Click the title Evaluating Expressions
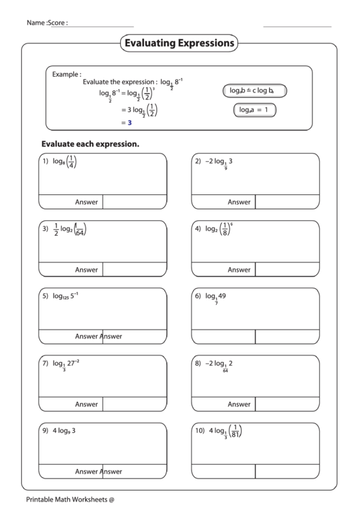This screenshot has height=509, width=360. point(179,43)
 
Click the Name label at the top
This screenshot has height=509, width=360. point(36,22)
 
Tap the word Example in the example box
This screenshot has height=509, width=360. point(67,74)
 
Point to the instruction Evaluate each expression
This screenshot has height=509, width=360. point(90,144)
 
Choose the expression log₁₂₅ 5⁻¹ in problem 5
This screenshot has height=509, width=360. point(66,296)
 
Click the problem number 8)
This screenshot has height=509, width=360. point(198,364)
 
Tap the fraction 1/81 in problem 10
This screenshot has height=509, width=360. point(235,431)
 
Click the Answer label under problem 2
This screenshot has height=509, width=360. point(238,202)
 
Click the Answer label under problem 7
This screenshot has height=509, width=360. point(86,404)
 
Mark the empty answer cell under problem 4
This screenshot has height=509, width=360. point(287,270)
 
